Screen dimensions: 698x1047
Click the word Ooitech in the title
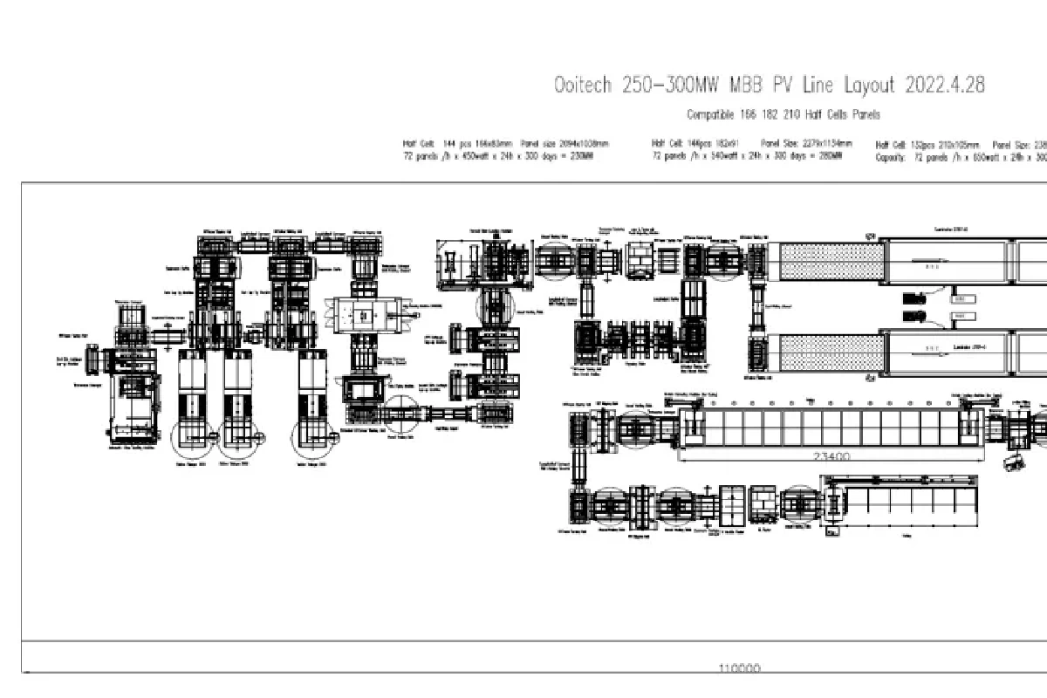(584, 86)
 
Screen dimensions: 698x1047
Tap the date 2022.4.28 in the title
(945, 86)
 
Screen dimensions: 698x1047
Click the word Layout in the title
(869, 86)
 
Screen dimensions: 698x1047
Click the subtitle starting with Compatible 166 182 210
(783, 115)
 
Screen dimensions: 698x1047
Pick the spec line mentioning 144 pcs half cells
(505, 144)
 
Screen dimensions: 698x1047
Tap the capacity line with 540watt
(747, 156)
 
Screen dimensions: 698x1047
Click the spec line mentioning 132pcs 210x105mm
(960, 145)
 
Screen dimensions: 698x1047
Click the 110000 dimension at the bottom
(739, 668)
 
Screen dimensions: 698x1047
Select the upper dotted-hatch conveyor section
(831, 262)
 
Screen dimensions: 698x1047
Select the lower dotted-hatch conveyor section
(831, 352)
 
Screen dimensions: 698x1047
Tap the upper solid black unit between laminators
(914, 298)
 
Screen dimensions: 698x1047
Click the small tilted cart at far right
(1014, 462)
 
